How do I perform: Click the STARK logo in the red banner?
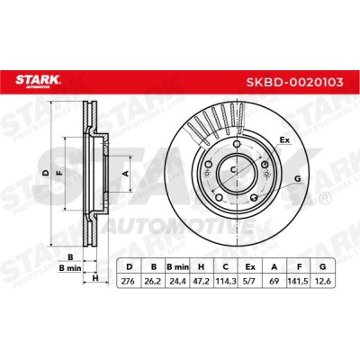coord(39,81)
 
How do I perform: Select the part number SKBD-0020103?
coord(294,82)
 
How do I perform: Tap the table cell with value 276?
coord(129,282)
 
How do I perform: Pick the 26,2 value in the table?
coord(153,282)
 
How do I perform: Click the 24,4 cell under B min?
coord(177,282)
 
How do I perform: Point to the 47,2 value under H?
coord(202,282)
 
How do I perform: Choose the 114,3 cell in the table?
coord(226,282)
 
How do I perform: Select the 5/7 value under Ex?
coord(250,282)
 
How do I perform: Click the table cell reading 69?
coord(274,282)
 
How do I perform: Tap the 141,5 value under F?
coord(298,282)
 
